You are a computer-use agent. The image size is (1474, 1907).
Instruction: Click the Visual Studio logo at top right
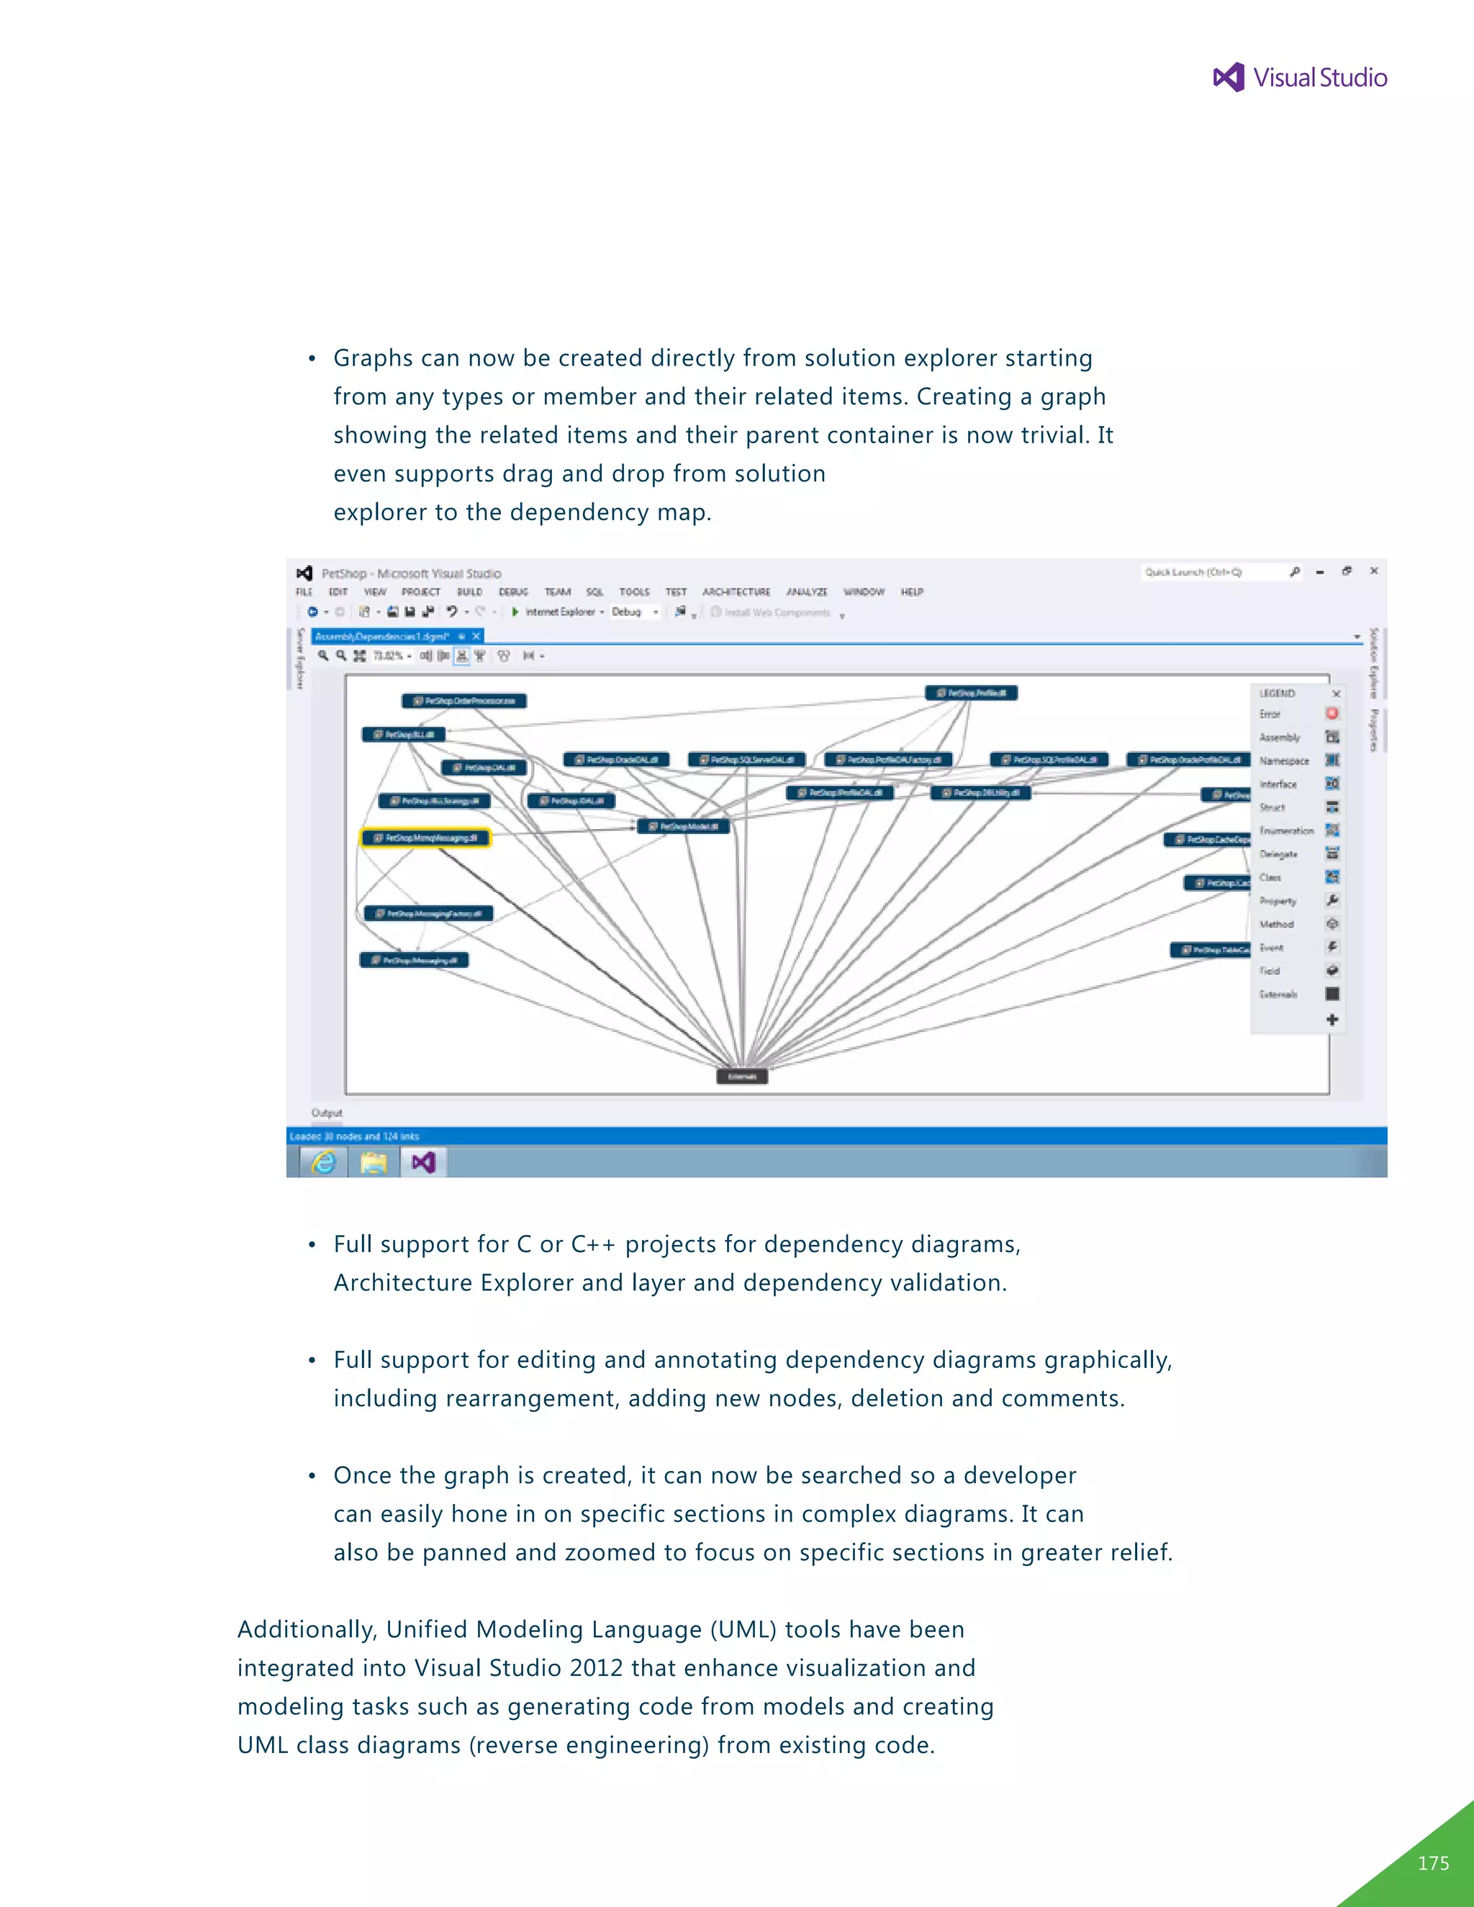(x=1299, y=78)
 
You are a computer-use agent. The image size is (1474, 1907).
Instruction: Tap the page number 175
(x=1433, y=1862)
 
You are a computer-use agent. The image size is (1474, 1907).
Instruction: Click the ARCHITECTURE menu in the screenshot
(x=736, y=592)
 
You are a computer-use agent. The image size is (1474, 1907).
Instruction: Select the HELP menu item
(x=912, y=592)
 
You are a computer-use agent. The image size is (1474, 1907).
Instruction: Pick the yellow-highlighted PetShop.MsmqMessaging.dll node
(x=426, y=838)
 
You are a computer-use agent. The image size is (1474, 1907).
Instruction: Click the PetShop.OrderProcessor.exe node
(x=464, y=701)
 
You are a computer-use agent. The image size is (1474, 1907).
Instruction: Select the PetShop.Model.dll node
(x=683, y=826)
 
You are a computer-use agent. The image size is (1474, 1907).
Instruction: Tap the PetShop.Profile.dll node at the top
(x=971, y=693)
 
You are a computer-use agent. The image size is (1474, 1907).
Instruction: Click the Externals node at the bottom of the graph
(x=742, y=1077)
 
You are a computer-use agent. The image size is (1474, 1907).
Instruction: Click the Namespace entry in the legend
(x=1284, y=761)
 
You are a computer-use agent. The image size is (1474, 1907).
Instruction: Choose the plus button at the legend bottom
(x=1331, y=1019)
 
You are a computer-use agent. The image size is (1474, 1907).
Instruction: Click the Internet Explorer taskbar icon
(x=324, y=1162)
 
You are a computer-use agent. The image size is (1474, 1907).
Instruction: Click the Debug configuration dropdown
(x=635, y=612)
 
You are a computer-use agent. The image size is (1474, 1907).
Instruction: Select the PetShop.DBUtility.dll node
(x=982, y=793)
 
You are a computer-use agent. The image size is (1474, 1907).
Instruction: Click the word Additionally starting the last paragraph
(x=307, y=1629)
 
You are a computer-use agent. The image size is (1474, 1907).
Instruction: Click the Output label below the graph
(x=327, y=1113)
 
